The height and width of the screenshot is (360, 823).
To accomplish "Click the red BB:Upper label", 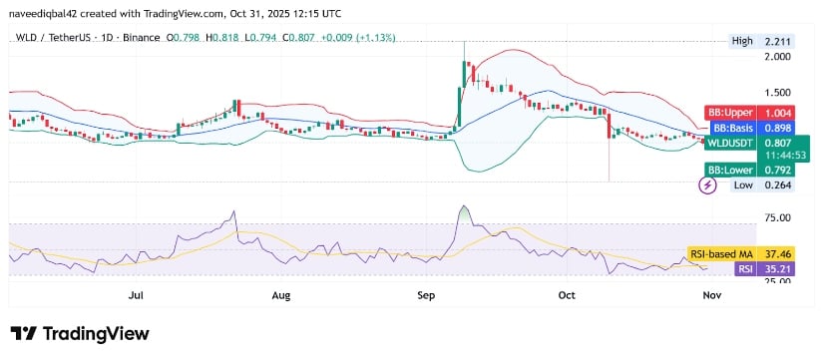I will (731, 113).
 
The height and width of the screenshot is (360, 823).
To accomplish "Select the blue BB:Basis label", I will (731, 128).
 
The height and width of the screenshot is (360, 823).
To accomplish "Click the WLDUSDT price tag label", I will (731, 143).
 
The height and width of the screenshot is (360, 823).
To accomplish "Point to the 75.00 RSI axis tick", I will (776, 216).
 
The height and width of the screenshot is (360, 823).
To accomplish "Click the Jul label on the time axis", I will (137, 295).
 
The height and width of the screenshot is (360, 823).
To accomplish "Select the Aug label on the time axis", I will (281, 295).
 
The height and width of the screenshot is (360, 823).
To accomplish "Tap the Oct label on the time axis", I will (568, 295).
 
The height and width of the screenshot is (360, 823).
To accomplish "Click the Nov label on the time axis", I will (711, 295).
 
